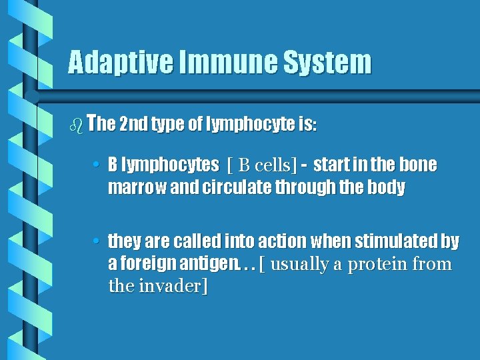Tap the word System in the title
click(327, 63)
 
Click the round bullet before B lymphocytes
click(97, 165)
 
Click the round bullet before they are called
click(97, 241)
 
